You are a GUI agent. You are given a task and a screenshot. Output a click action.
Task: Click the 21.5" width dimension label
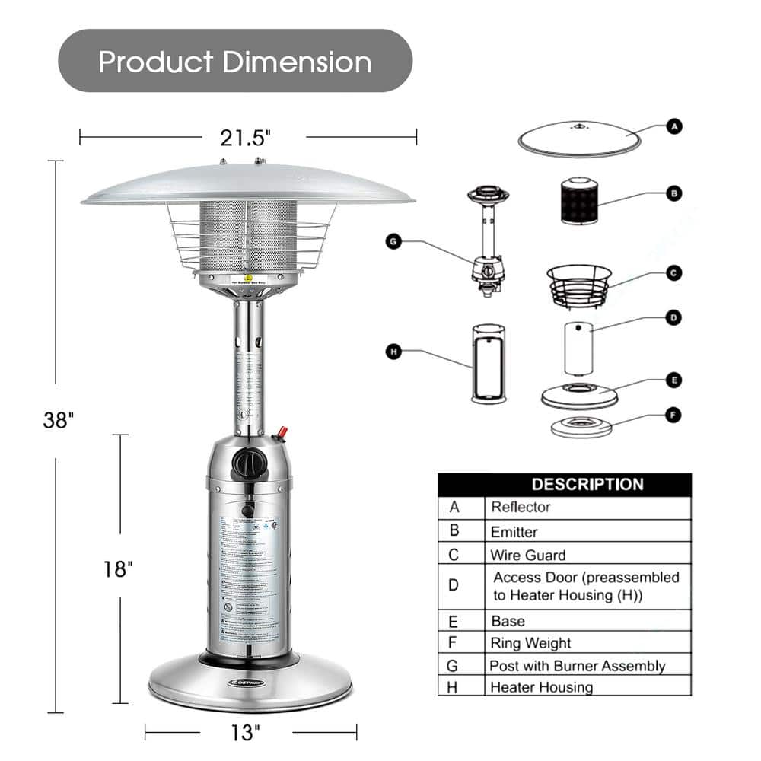246,138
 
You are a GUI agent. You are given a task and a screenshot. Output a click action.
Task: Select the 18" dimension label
119,568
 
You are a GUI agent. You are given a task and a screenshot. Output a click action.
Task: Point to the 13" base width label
246,733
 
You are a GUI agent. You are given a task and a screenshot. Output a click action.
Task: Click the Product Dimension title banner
235,61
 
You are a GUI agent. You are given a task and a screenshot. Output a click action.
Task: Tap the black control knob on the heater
246,461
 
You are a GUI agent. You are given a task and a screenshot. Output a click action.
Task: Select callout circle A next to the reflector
674,126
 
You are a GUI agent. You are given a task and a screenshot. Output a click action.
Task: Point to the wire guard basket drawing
579,285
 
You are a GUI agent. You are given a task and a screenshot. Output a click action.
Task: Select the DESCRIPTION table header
587,484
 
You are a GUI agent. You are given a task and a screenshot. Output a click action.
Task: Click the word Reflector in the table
521,507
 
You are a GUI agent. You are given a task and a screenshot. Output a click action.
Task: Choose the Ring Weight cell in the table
530,643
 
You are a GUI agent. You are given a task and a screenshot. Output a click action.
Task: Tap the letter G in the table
454,665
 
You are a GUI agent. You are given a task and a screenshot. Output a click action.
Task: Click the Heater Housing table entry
541,687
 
